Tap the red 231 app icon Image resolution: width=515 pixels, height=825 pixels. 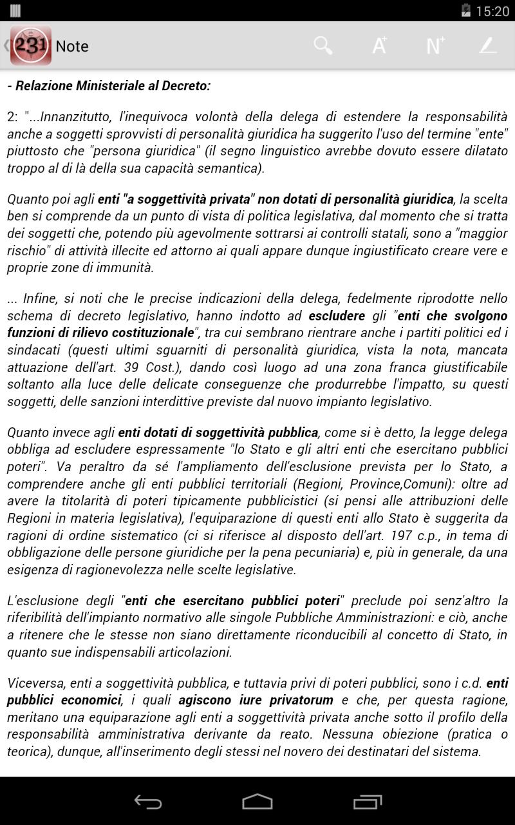(x=30, y=46)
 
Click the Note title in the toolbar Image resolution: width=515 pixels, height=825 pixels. (x=72, y=46)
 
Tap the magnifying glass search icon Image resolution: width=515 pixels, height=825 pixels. (x=323, y=46)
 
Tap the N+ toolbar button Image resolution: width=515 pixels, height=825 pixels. (x=435, y=46)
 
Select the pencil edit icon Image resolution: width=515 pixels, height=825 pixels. (x=488, y=46)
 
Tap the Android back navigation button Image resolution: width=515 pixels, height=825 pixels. (x=147, y=801)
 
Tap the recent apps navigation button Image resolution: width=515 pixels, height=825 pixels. (x=368, y=801)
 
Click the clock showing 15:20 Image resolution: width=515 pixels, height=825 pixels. (x=492, y=11)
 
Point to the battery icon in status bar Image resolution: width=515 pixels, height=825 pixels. (x=466, y=10)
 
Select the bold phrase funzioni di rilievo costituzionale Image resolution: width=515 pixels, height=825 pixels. (x=100, y=333)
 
